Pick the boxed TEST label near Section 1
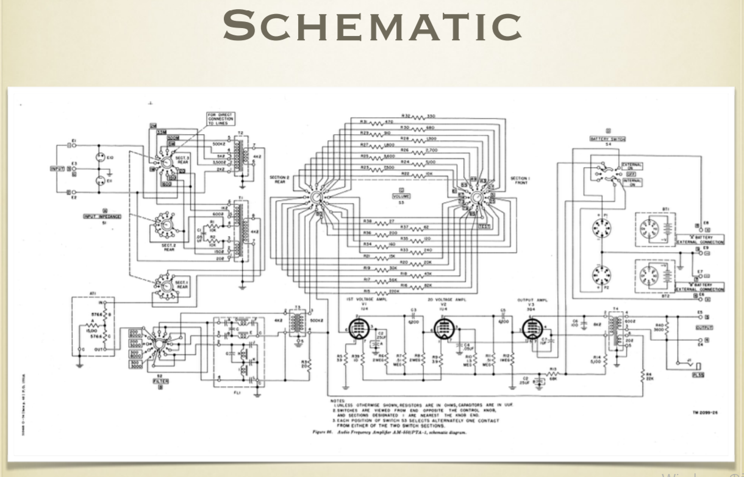485,226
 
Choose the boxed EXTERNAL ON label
632,165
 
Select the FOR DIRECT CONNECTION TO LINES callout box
220,118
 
